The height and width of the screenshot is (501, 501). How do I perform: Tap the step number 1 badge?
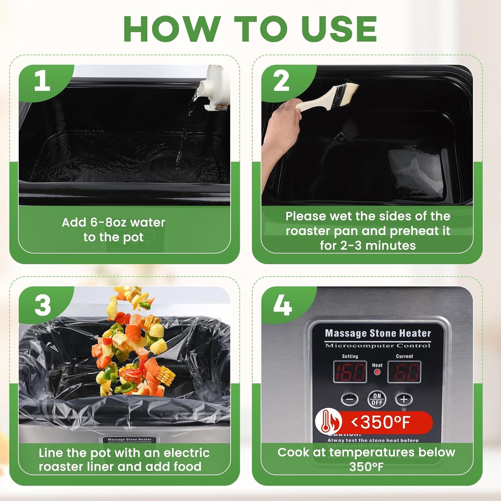point(42,81)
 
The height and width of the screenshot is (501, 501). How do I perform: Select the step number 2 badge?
point(281,81)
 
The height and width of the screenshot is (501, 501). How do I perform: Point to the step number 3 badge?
point(42,306)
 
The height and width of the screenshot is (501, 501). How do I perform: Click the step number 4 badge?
point(282,306)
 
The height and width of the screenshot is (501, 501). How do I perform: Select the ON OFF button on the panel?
point(377,399)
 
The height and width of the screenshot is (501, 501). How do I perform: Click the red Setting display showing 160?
point(350,372)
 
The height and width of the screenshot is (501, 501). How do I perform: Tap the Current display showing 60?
point(404,372)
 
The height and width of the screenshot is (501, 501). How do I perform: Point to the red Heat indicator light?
point(377,372)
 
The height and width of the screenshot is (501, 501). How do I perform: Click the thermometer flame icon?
point(328,422)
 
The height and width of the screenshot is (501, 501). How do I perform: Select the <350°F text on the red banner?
point(381,422)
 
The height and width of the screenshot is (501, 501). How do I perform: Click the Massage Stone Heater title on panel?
point(378,333)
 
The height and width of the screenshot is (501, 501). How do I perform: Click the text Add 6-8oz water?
point(114,222)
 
